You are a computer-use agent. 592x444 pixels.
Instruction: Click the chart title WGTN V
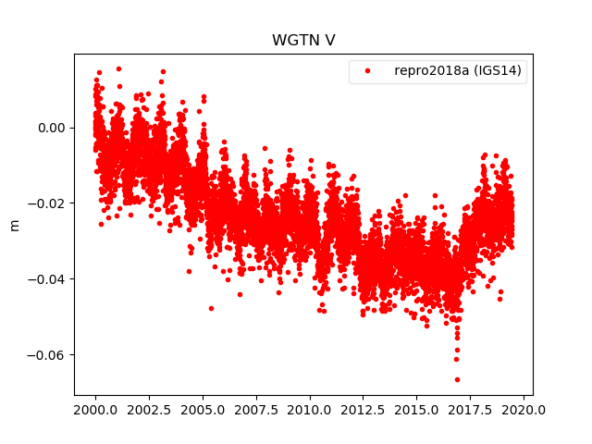click(296, 41)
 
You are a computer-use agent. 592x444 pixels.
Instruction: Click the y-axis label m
click(14, 224)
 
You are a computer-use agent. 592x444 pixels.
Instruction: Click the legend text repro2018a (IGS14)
click(460, 71)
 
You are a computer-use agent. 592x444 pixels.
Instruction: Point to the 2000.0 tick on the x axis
click(95, 409)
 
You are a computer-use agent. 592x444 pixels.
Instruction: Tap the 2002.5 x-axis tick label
click(149, 409)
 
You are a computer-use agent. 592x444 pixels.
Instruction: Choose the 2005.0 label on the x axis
click(203, 409)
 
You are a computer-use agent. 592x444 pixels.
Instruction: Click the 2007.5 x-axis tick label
click(256, 409)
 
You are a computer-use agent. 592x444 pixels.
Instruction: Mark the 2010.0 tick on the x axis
click(310, 409)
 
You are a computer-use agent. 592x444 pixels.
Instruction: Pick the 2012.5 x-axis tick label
click(364, 409)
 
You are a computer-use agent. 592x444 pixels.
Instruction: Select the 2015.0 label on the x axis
click(417, 409)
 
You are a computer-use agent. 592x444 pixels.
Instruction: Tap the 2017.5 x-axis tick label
click(471, 409)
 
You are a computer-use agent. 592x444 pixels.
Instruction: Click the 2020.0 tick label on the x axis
click(524, 409)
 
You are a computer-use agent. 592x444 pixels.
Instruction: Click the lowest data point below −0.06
click(457, 379)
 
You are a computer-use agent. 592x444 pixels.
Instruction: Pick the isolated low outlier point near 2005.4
click(211, 308)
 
